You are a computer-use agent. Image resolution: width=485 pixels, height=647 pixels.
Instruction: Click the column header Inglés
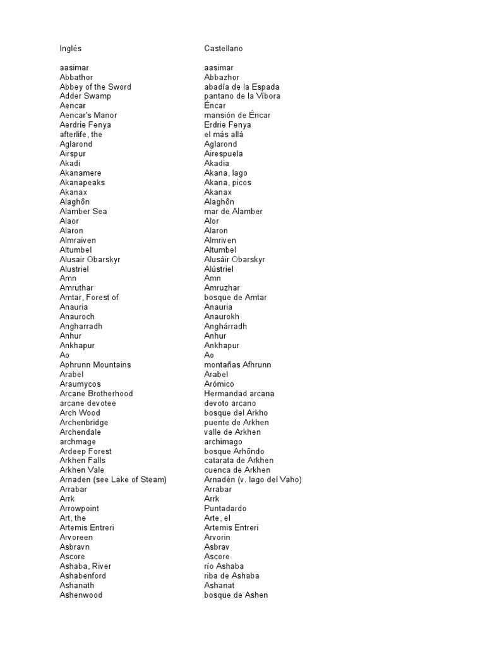pos(71,48)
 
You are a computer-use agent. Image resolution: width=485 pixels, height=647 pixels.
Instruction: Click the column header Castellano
pos(224,48)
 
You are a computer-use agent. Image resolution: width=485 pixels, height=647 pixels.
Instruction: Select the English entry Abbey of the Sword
pos(95,87)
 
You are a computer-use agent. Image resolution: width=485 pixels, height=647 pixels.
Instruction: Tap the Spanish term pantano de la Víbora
pos(242,96)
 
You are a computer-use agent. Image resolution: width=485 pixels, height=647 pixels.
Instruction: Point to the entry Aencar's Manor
pos(88,115)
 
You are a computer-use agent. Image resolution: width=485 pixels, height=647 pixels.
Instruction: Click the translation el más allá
pos(224,135)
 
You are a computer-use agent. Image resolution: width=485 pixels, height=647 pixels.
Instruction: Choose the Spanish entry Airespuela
pos(224,154)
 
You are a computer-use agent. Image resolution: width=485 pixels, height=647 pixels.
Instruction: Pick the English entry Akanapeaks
pos(82,183)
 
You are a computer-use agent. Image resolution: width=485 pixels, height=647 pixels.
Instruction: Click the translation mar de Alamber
pos(234,211)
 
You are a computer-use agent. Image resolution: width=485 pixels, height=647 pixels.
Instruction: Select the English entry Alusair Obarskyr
pos(90,259)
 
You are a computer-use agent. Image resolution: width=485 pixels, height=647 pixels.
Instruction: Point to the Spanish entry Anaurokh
pos(222,317)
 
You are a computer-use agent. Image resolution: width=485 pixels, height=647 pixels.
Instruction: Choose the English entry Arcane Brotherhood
pos(96,394)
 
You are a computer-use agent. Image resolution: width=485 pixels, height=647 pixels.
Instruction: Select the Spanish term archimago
pos(224,442)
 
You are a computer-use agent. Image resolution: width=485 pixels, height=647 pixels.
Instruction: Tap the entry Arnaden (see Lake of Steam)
pos(113,480)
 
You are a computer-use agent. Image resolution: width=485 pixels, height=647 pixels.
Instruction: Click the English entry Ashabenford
pos(83,576)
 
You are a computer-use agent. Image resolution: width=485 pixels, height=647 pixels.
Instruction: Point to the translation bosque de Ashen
pos(236,595)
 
